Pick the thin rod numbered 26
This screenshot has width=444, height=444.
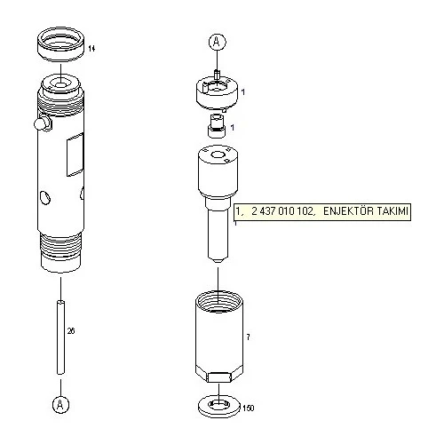point(60,337)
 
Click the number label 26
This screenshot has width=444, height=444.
point(71,330)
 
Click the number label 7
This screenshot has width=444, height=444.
point(248,337)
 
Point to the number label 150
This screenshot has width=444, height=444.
point(248,408)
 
